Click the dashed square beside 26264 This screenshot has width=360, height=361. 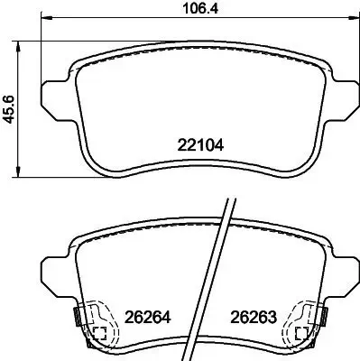coord(99,332)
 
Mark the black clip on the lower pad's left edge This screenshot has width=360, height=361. coord(76,317)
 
